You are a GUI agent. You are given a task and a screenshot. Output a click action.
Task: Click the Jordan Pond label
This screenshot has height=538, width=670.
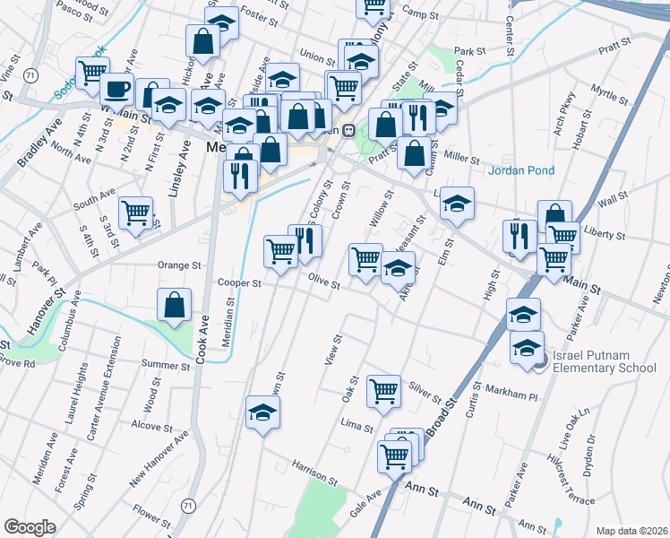tap(521, 170)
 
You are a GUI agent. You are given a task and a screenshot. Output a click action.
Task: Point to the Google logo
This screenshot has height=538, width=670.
tap(30, 527)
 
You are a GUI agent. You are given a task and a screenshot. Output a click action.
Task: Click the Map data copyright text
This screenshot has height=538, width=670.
tap(631, 530)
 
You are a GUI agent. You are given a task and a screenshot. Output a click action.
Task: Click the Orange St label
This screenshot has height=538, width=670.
tap(179, 265)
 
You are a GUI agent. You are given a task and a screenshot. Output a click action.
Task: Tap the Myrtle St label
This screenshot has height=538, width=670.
tap(612, 92)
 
